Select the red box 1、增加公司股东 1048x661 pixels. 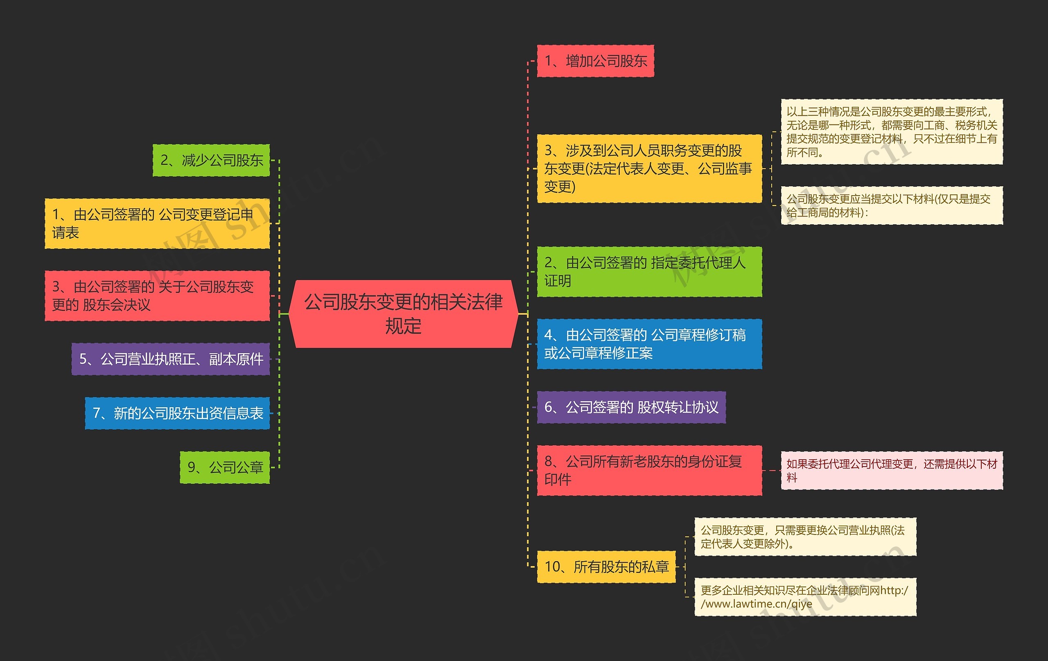[595, 61]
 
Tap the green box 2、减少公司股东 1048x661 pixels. [211, 160]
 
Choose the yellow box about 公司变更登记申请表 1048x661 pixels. [157, 223]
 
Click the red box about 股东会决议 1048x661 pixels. [157, 296]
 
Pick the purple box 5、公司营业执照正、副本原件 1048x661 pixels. [171, 359]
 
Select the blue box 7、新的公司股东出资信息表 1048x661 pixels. [177, 413]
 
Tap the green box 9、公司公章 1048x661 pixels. [225, 467]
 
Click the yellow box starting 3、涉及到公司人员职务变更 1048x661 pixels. [649, 168]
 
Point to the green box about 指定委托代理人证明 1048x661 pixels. [649, 271]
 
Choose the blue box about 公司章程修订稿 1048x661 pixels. [649, 344]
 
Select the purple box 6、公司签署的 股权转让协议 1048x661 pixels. [631, 407]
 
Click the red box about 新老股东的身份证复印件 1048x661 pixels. [649, 470]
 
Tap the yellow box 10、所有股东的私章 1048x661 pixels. [606, 566]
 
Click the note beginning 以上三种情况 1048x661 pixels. [891, 132]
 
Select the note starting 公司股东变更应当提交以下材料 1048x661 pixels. [891, 205]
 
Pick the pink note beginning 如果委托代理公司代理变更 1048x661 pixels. [891, 470]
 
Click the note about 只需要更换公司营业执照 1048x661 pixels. [805, 537]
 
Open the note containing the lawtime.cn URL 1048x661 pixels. [805, 597]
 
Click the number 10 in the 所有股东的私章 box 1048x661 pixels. [553, 566]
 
